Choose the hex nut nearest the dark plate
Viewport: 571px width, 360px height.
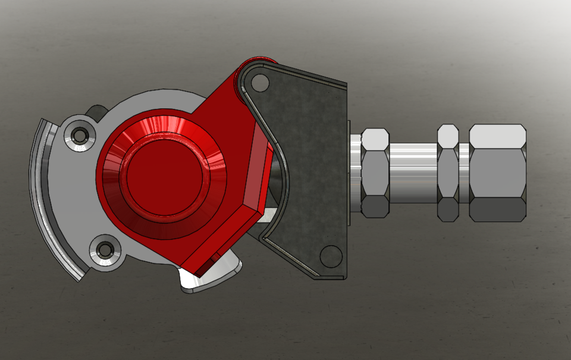coord(375,173)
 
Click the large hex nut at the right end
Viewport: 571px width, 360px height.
coord(497,173)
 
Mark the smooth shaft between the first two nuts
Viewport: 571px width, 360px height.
coord(413,170)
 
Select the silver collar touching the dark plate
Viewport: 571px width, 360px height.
coord(355,173)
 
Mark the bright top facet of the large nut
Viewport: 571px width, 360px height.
coord(497,136)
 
